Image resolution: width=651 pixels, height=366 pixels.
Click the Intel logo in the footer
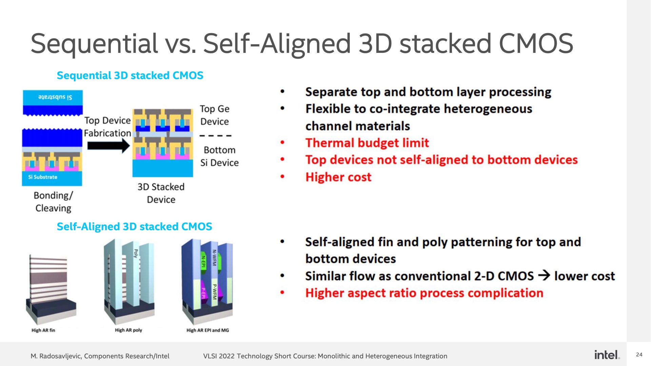click(607, 354)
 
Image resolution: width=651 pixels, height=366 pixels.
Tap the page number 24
click(639, 354)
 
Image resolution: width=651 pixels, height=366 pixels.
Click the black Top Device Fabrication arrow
click(108, 146)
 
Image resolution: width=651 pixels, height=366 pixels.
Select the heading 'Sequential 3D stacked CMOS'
click(130, 75)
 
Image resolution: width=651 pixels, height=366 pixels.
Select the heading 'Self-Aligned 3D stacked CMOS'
click(134, 226)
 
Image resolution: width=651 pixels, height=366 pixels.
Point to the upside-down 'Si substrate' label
click(55, 97)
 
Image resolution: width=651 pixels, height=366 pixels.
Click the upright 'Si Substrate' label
click(43, 177)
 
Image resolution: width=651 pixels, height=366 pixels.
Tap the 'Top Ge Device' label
click(215, 115)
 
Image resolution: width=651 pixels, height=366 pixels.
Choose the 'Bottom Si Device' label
click(219, 156)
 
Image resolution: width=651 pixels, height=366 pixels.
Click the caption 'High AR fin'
click(43, 330)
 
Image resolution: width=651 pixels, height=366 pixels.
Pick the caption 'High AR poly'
click(129, 330)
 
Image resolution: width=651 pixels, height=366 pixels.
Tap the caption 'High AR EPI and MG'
click(208, 330)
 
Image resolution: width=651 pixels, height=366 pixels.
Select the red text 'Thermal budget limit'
click(367, 143)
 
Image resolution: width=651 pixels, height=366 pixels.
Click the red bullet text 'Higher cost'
click(338, 177)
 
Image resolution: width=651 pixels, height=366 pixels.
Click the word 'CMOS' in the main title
click(536, 43)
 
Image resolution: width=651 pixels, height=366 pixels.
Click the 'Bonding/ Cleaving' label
click(53, 202)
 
